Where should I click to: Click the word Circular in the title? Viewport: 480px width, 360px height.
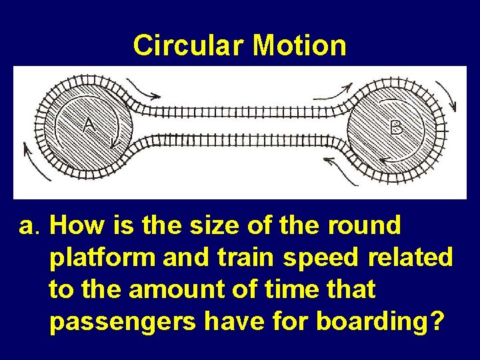(x=189, y=45)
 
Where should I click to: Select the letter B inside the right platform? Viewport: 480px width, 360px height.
(x=396, y=127)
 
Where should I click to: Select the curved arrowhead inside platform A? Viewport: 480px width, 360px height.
(x=114, y=141)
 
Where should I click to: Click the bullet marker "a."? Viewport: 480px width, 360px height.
(x=29, y=227)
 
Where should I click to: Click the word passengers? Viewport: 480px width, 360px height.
(x=123, y=322)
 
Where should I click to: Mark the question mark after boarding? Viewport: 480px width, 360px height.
(x=436, y=321)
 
